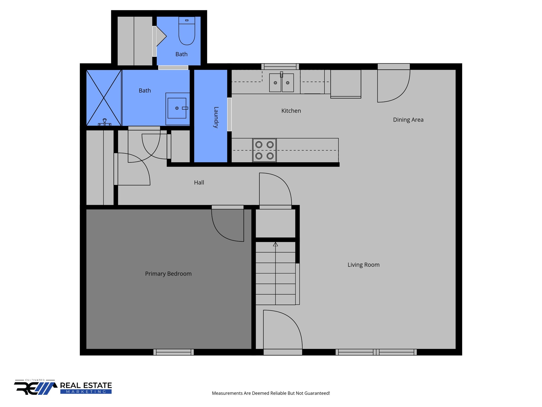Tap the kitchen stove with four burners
point(264,150)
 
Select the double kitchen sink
point(281,83)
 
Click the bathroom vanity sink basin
point(177,108)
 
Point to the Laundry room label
point(216,117)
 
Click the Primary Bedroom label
point(168,274)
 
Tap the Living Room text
point(363,265)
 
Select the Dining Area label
point(408,120)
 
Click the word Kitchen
point(291,111)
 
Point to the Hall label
point(199,183)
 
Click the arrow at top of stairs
point(275,244)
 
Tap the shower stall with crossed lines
point(104,98)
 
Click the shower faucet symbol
point(105,122)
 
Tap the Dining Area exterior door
point(394,85)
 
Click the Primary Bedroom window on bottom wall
point(174,352)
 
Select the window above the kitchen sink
point(280,66)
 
